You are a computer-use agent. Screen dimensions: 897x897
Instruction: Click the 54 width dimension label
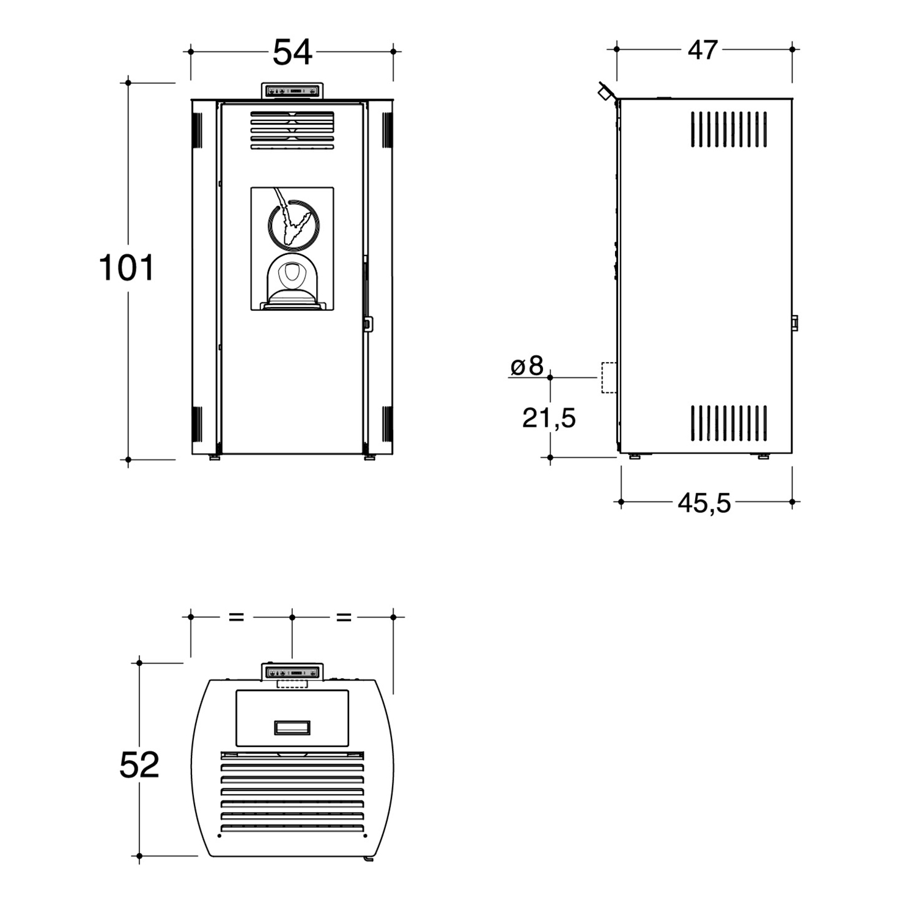pyautogui.click(x=292, y=52)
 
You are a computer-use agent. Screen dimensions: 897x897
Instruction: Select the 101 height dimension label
pyautogui.click(x=126, y=268)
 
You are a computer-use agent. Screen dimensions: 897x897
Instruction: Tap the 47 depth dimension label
pyautogui.click(x=703, y=50)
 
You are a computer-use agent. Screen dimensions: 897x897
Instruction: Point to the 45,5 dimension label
pyautogui.click(x=704, y=503)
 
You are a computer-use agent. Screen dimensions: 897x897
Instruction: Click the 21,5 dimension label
pyautogui.click(x=549, y=418)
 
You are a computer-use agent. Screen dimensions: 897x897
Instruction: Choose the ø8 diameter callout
pyautogui.click(x=527, y=366)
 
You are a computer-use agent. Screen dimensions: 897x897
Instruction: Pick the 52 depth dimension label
pyautogui.click(x=139, y=765)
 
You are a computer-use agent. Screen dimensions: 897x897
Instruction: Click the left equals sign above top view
pyautogui.click(x=236, y=617)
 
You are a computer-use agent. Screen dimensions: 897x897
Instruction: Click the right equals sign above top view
pyautogui.click(x=344, y=617)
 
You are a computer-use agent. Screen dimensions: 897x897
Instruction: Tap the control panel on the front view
pyautogui.click(x=292, y=90)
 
